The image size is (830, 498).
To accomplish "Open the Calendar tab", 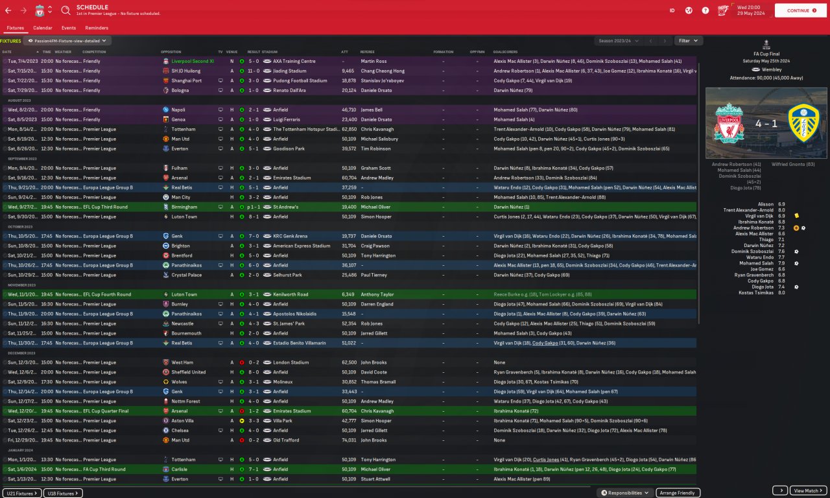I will [x=43, y=28].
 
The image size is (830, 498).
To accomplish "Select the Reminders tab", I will [x=97, y=28].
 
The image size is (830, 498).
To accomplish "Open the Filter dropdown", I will [x=688, y=41].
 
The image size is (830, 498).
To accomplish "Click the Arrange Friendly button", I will [x=678, y=493].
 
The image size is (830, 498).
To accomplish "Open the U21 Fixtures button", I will [x=22, y=493].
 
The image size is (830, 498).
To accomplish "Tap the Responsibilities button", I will [x=626, y=493].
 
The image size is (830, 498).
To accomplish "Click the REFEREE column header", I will [x=367, y=52].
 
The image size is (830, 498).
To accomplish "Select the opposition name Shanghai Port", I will [x=186, y=81].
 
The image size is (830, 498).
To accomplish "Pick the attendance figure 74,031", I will [x=349, y=440].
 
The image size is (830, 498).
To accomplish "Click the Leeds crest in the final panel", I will [x=803, y=123].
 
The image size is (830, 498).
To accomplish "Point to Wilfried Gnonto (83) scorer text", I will [x=792, y=165].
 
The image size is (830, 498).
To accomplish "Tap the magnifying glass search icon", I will [x=65, y=10].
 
